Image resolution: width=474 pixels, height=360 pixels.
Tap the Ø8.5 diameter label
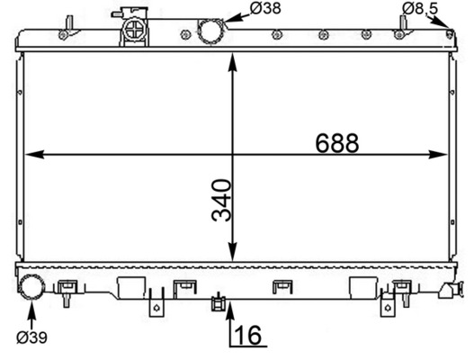tap(419, 9)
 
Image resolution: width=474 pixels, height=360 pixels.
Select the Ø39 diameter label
tap(31, 337)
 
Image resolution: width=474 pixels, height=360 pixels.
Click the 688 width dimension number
tap(337, 143)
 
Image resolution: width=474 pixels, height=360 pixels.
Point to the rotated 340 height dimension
tap(221, 201)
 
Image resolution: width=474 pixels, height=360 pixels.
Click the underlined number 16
tap(249, 337)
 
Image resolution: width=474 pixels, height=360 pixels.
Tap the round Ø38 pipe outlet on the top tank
tap(210, 30)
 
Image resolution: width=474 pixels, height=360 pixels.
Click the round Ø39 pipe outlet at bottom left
tap(32, 288)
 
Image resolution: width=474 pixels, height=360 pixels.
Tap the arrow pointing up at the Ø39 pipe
tap(31, 311)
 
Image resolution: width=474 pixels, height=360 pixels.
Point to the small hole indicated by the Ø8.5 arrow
tap(450, 34)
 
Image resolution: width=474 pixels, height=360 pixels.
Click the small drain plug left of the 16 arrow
tap(216, 302)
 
